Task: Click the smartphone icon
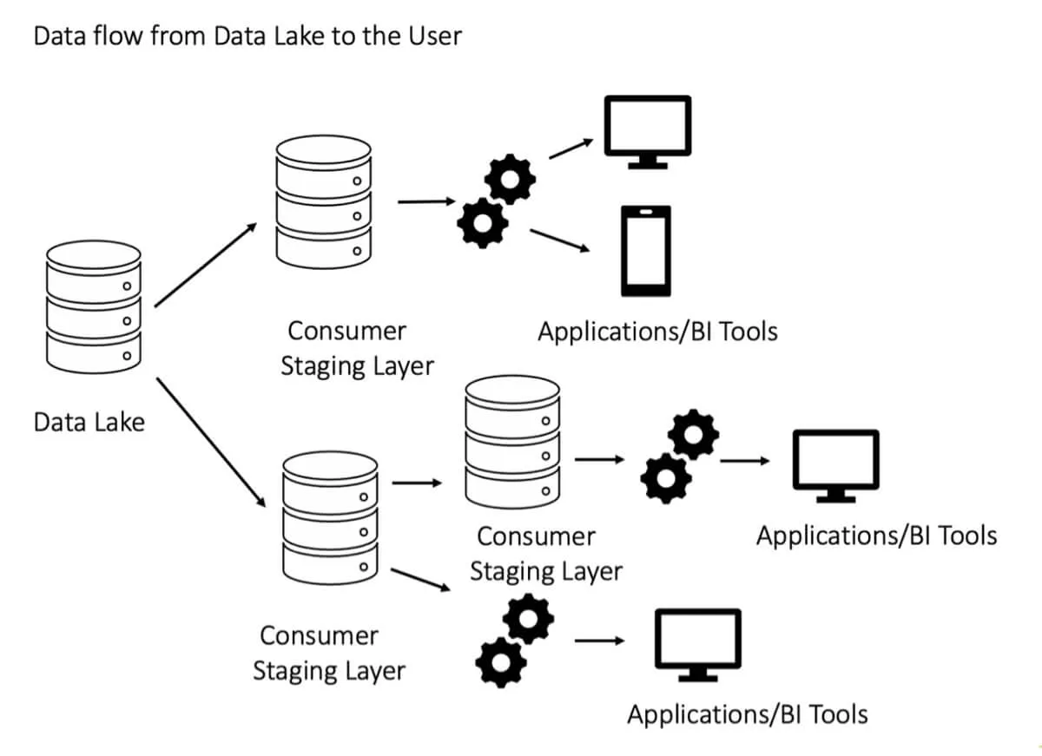(645, 252)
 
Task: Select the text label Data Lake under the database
(89, 423)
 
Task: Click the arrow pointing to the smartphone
(559, 240)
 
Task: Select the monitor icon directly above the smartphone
(648, 131)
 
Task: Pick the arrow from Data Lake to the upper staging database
(206, 265)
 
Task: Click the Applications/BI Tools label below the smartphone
(657, 332)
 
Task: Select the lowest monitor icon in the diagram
(697, 645)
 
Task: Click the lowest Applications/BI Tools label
(747, 715)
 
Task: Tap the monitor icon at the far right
(835, 465)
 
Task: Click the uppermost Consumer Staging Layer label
(356, 348)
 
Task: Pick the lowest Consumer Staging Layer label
(328, 653)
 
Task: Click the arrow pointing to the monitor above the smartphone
(570, 150)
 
